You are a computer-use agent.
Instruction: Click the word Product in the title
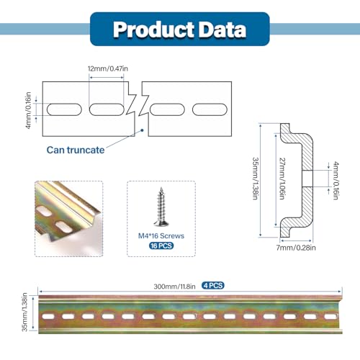[153, 30]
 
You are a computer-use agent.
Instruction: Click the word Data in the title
[222, 30]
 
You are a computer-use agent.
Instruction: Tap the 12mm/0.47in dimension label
[108, 69]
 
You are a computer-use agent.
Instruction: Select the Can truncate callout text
[76, 150]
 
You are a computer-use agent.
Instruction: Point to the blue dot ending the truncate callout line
[142, 130]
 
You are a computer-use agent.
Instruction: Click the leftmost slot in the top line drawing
[64, 109]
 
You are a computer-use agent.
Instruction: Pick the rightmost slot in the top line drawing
[210, 109]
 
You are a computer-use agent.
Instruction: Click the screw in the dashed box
[161, 207]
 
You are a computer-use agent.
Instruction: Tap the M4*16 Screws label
[161, 236]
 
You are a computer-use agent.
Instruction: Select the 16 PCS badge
[161, 246]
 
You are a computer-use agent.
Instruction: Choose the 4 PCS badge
[213, 285]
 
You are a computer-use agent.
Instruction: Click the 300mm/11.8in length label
[174, 287]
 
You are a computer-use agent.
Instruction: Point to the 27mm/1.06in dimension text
[282, 179]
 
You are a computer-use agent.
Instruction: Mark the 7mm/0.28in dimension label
[296, 248]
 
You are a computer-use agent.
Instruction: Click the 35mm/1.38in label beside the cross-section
[256, 179]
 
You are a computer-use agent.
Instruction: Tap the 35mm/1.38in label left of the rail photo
[24, 312]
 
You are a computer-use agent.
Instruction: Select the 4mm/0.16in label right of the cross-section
[336, 181]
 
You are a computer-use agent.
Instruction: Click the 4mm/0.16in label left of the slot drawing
[28, 110]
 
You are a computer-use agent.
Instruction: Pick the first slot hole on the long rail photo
[48, 316]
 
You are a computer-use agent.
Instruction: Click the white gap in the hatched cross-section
[307, 179]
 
